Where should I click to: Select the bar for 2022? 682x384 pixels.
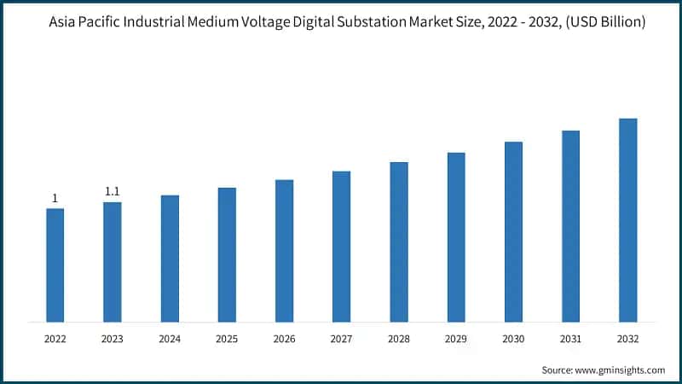click(55, 265)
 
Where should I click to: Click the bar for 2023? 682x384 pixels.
click(113, 262)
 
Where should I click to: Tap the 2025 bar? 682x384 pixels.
click(227, 255)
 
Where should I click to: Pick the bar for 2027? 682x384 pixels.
click(341, 247)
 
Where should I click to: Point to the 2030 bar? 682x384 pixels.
click(513, 232)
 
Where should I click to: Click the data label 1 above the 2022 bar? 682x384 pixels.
click(55, 199)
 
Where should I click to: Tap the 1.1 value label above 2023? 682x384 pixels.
click(113, 192)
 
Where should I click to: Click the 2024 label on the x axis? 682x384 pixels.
click(170, 339)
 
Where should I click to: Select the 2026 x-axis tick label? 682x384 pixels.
click(284, 339)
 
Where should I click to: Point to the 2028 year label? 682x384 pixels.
click(399, 339)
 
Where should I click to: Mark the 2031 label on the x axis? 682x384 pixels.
click(570, 339)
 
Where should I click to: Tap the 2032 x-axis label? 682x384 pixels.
click(627, 339)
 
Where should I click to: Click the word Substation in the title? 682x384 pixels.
click(386, 22)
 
